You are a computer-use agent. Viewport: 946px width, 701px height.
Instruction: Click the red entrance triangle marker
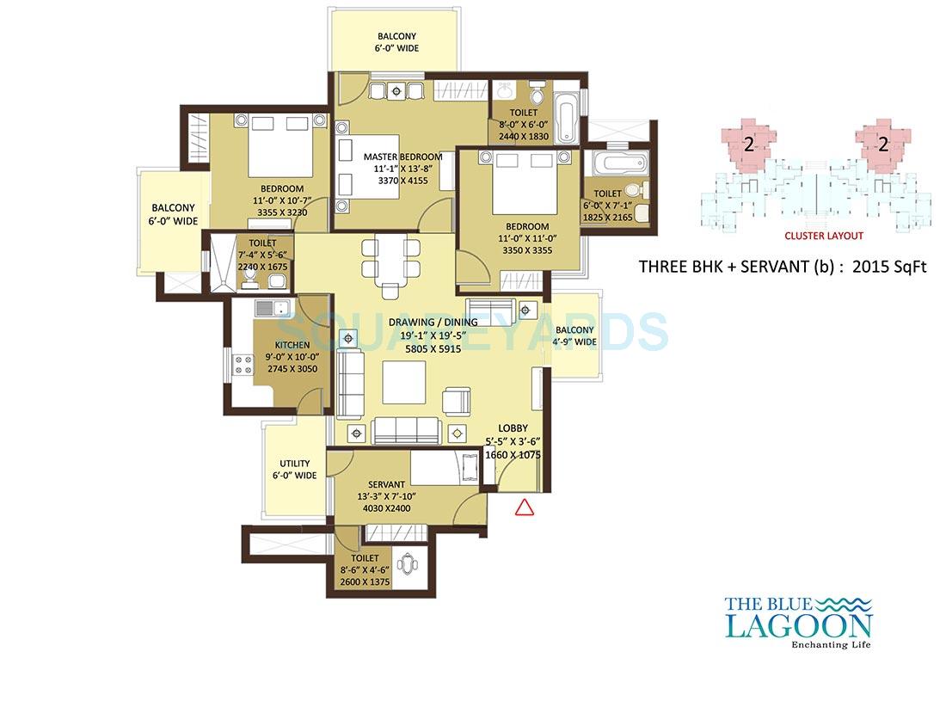[x=524, y=507]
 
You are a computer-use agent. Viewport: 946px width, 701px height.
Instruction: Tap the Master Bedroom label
[x=402, y=157]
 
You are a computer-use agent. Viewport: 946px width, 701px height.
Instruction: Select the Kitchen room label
[x=292, y=345]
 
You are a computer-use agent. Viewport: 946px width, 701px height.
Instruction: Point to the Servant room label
[x=385, y=483]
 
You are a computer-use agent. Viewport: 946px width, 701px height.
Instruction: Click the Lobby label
[x=513, y=428]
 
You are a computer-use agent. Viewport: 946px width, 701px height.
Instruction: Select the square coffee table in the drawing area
[x=404, y=381]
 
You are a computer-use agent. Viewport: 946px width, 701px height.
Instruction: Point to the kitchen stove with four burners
[x=243, y=365]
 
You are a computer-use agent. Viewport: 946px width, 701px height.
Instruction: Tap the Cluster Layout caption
[x=823, y=236]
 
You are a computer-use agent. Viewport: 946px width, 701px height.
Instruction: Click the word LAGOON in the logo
[x=799, y=625]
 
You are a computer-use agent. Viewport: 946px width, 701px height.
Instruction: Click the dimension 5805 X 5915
[x=425, y=348]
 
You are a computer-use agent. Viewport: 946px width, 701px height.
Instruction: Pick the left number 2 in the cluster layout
[x=748, y=145]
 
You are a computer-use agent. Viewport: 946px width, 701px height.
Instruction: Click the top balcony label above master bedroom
[x=396, y=42]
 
